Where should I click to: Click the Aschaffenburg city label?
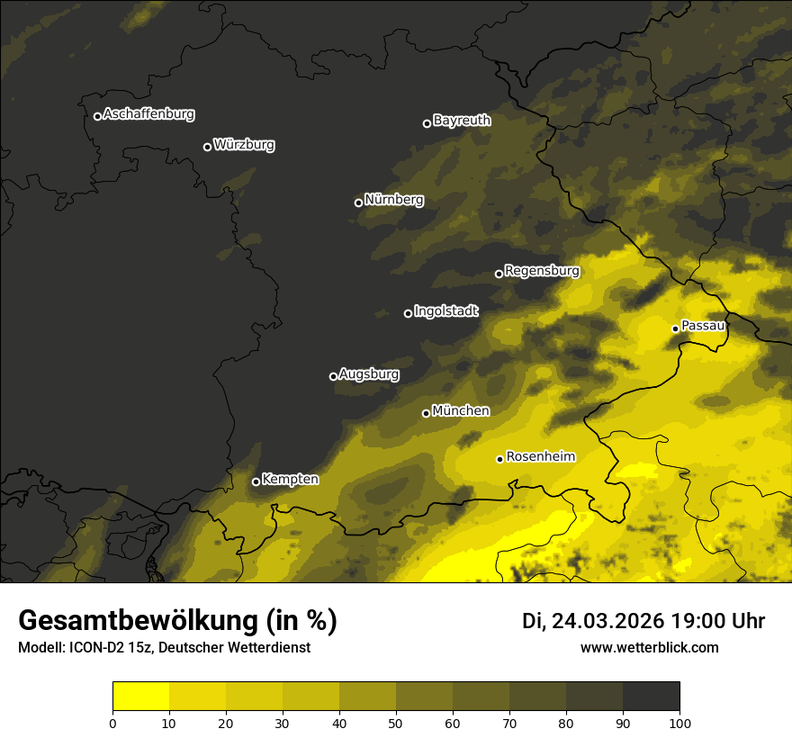(148, 114)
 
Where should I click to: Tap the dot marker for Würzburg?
(207, 147)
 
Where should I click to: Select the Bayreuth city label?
(462, 121)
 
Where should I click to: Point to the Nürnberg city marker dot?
(358, 202)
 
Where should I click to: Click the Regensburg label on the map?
(542, 271)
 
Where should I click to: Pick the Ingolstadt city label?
(446, 311)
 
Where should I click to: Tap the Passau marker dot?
(675, 328)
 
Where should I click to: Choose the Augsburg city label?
(369, 374)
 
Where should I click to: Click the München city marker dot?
(426, 413)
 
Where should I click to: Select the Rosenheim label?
(540, 457)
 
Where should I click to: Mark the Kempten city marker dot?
(256, 481)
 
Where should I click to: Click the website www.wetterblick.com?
(649, 647)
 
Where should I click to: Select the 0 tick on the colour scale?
(112, 723)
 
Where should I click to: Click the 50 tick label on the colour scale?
(396, 723)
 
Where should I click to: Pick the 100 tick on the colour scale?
(679, 723)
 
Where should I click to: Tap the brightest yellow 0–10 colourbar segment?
(140, 697)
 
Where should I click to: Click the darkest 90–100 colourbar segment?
(651, 697)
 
